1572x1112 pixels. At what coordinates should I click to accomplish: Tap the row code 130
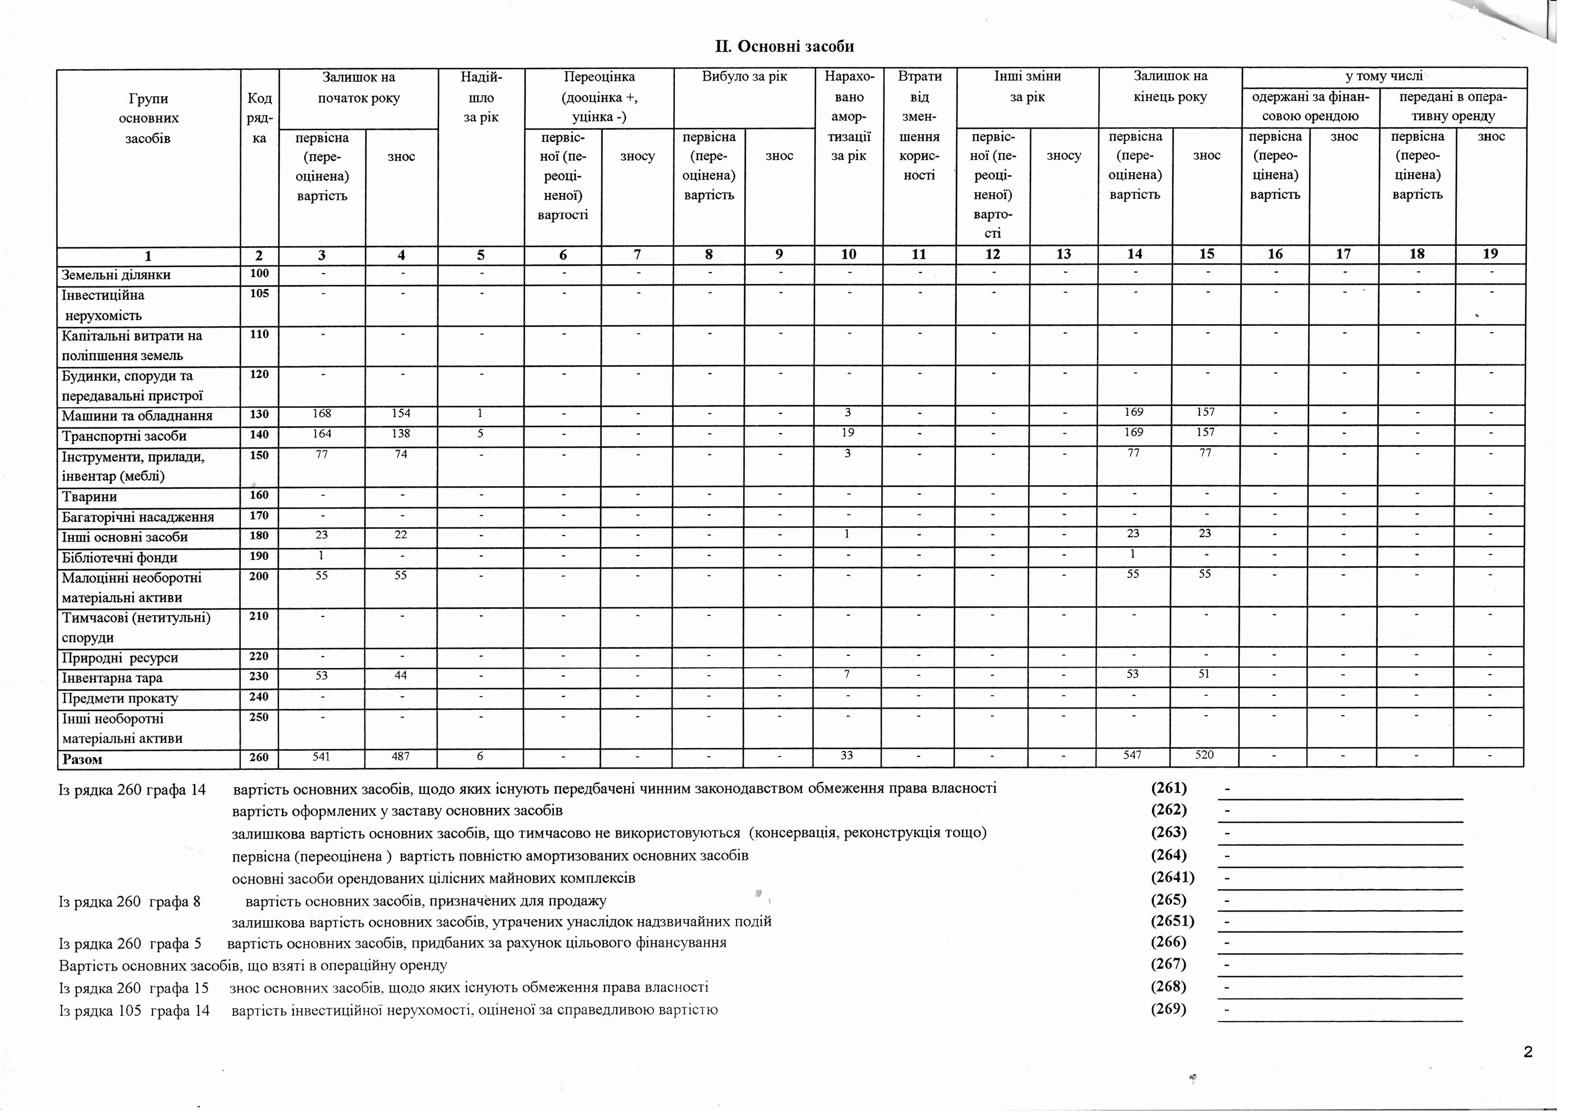[x=259, y=414]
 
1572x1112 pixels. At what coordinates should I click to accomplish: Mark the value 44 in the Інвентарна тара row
[x=401, y=676]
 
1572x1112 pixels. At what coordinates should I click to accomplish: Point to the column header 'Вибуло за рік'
[x=744, y=77]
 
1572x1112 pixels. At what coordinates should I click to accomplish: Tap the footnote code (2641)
[x=1172, y=877]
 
